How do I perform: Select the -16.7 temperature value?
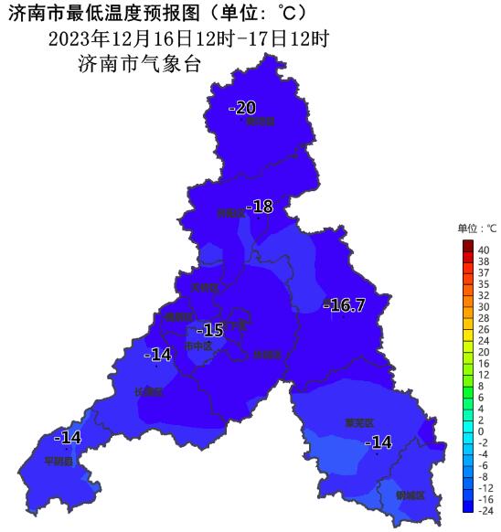(344, 305)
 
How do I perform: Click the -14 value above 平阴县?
(68, 438)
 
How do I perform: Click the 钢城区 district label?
(410, 495)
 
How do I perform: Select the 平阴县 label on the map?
(59, 461)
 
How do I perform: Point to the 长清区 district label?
(147, 392)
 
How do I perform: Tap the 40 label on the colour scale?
(484, 249)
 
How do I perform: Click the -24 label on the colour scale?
(485, 512)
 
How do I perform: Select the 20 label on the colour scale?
(484, 352)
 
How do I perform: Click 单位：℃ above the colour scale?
(476, 229)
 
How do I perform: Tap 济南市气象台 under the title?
(139, 64)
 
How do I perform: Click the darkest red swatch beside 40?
(467, 246)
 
